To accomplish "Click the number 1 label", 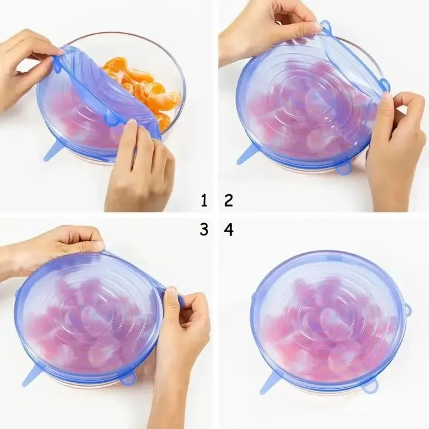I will [204, 201].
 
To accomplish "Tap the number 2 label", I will [229, 201].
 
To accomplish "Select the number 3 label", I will [204, 230].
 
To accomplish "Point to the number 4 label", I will [229, 230].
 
